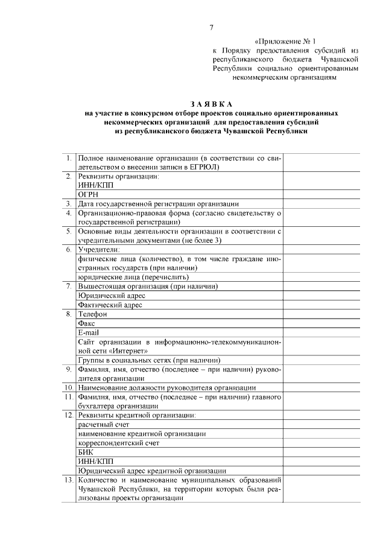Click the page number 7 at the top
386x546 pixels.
coord(211,28)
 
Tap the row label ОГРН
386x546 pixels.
coord(89,195)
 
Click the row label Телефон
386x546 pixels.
coord(92,314)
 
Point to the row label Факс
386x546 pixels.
coord(87,323)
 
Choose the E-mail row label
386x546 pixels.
coord(89,332)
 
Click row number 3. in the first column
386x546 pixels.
coord(69,204)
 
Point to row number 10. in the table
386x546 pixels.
coord(68,387)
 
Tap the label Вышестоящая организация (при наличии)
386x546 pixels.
coord(148,286)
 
